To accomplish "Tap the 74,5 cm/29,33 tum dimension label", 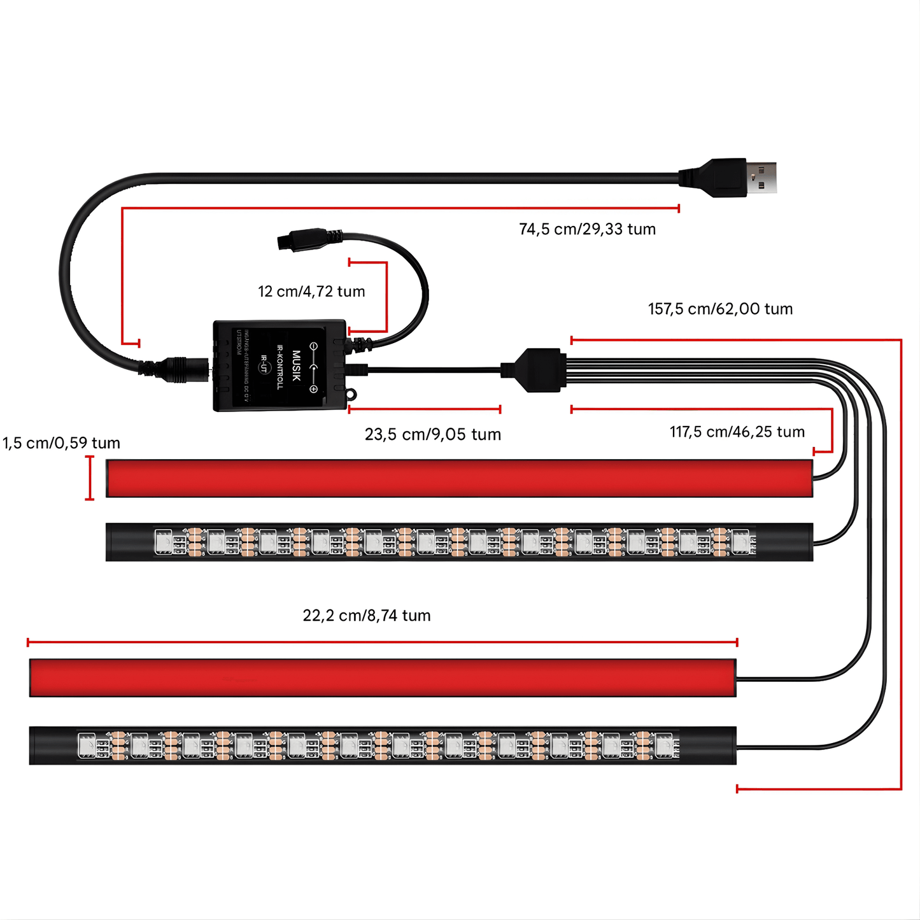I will pyautogui.click(x=587, y=229).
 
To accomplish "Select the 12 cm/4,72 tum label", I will pyautogui.click(x=311, y=292).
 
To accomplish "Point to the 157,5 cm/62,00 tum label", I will pyautogui.click(x=720, y=309).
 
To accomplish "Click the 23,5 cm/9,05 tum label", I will pyautogui.click(x=433, y=434).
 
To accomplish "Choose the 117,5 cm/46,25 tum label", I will pyautogui.click(x=737, y=432).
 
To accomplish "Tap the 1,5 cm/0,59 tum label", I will pyautogui.click(x=61, y=443).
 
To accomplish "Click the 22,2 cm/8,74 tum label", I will pyautogui.click(x=367, y=616).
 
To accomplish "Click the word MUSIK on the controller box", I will pyautogui.click(x=296, y=365).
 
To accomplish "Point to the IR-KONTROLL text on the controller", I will pyautogui.click(x=280, y=367).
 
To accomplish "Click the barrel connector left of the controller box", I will pyautogui.click(x=184, y=369).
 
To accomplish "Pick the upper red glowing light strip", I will pyautogui.click(x=458, y=478).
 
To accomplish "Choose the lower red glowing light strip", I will pyautogui.click(x=382, y=677).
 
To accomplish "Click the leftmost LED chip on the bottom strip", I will pyautogui.click(x=86, y=746).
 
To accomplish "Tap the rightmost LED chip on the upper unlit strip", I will pyautogui.click(x=740, y=542).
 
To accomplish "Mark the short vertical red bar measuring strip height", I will pyautogui.click(x=90, y=478).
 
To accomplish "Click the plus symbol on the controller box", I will pyautogui.click(x=313, y=389).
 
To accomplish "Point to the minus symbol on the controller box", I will pyautogui.click(x=313, y=346).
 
